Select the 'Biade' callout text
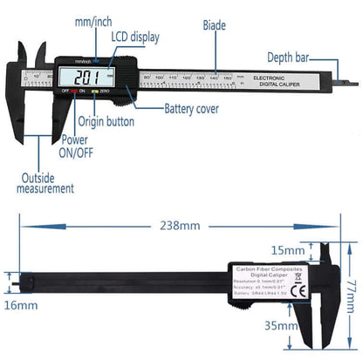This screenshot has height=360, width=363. tap(214, 26)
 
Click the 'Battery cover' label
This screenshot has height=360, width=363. tap(188, 110)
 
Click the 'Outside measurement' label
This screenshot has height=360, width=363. tap(45, 181)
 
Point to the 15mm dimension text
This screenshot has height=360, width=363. tap(289, 251)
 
